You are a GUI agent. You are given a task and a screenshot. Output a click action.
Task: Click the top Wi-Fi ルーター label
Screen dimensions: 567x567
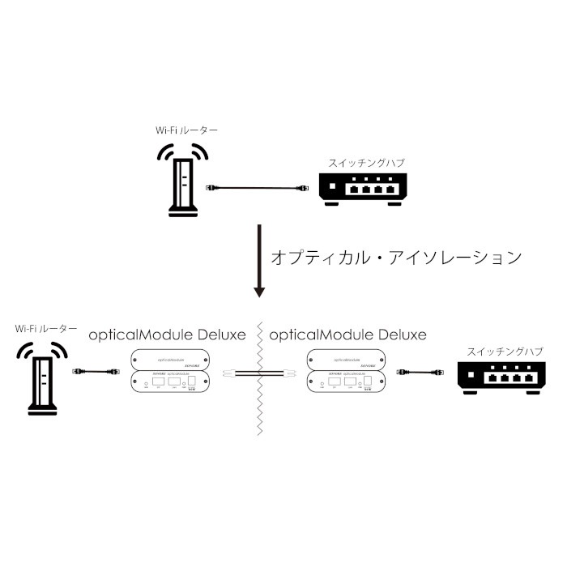click(187, 130)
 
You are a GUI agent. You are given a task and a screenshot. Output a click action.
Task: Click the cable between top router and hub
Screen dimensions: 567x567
click(254, 188)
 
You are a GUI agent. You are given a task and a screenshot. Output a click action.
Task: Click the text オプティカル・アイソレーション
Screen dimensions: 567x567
click(395, 258)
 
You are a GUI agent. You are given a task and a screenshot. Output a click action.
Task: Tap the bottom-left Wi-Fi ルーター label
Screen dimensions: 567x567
click(47, 330)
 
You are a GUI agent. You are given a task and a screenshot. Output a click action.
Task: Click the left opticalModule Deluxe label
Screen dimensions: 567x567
click(167, 334)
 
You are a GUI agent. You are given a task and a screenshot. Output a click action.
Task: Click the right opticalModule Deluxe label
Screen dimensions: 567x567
click(347, 334)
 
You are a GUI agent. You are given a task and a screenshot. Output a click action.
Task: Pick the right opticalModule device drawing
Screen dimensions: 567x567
click(347, 371)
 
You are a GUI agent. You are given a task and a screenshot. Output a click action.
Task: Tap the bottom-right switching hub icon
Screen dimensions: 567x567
click(497, 377)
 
